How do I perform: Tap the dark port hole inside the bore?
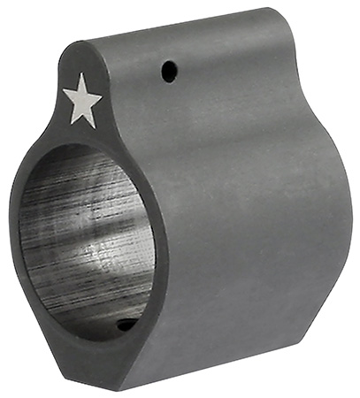click(126, 325)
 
